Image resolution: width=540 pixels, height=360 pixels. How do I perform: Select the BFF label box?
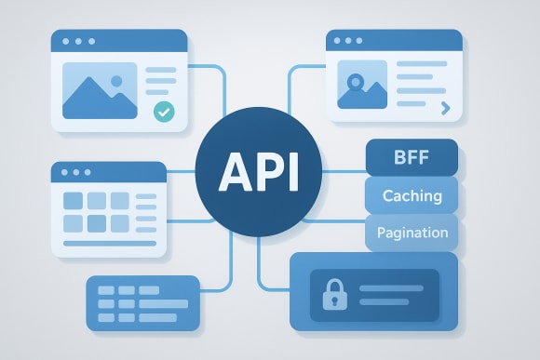(412, 157)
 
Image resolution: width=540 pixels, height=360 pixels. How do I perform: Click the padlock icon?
(331, 294)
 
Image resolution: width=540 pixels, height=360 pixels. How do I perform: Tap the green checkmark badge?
(164, 112)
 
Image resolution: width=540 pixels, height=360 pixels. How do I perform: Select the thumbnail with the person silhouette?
(363, 85)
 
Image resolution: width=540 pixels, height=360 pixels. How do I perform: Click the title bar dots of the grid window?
(74, 172)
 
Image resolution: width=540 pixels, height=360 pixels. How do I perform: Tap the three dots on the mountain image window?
(73, 41)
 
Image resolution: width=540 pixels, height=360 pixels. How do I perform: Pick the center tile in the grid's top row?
(97, 201)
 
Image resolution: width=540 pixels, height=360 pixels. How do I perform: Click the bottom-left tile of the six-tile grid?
(73, 222)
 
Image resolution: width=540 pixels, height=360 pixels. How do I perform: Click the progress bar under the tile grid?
(110, 243)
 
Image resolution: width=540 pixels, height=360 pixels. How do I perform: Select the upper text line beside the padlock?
(391, 287)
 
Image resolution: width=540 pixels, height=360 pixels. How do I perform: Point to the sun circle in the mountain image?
(117, 81)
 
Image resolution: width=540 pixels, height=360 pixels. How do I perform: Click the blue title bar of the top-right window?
(394, 40)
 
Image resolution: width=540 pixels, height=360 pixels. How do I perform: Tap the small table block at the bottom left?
(142, 302)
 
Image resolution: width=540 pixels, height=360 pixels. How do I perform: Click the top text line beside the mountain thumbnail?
(160, 71)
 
